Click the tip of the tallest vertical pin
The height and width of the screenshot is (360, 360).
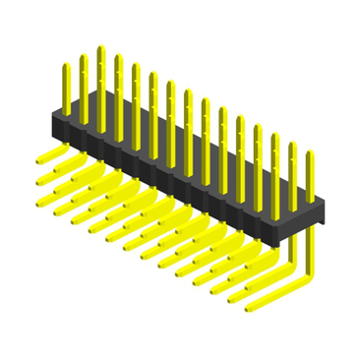[x=100, y=48]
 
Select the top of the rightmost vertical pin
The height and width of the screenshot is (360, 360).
[x=310, y=154]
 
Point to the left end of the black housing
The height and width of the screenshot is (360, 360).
[x=55, y=122]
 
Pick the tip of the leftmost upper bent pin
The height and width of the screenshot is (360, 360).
[x=41, y=159]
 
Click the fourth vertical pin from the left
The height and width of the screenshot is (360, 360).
[x=118, y=84]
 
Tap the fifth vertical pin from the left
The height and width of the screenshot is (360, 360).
[x=136, y=93]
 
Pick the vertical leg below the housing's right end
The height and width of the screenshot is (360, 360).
[x=313, y=251]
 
